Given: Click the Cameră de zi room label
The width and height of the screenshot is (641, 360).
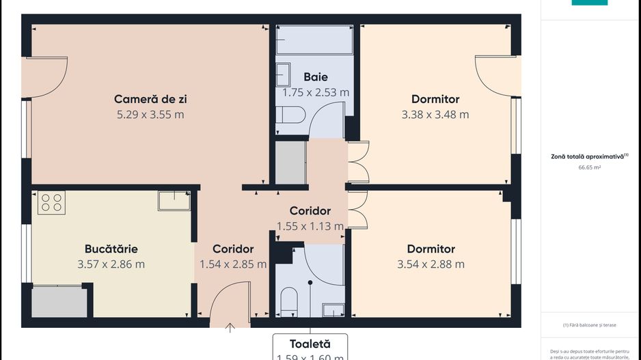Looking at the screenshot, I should point(150,99).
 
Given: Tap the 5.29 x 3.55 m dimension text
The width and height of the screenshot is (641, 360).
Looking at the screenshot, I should point(150,115).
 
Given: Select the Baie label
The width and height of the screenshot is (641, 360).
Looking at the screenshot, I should point(316,77).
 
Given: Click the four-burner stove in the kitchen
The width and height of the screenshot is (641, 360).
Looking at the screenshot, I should point(51,202).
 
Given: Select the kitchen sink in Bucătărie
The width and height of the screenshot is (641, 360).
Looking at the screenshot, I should point(174,200).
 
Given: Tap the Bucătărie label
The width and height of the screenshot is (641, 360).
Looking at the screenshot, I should point(111,249).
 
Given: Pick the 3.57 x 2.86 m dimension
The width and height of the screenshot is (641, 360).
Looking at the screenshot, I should point(111,264).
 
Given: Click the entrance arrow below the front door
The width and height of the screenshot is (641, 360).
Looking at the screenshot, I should point(230,329).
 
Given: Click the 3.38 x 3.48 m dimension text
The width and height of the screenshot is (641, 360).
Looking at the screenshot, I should point(435,115).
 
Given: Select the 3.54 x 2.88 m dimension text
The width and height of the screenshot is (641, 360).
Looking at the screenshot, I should point(431,264).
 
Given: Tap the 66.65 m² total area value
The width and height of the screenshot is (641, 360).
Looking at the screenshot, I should point(589,167).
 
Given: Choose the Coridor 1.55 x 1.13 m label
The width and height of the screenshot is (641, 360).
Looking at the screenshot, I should point(310,219).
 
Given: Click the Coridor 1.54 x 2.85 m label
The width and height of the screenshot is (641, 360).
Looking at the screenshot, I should point(233,257).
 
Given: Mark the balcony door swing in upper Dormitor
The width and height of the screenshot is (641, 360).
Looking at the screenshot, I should point(493,77).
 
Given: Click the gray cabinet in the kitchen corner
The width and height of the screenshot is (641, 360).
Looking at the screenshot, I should point(59,301).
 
